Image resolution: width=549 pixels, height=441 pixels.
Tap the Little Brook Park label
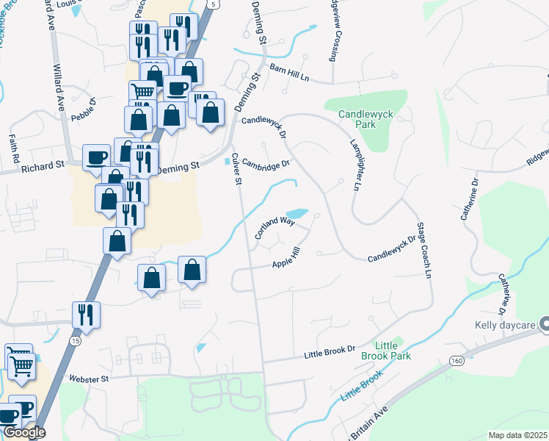click(x=386, y=351)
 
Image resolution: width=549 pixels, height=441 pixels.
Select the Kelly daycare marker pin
click(x=545, y=323)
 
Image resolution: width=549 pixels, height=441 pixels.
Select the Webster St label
click(x=89, y=379)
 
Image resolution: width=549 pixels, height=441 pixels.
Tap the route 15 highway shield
click(x=75, y=341)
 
